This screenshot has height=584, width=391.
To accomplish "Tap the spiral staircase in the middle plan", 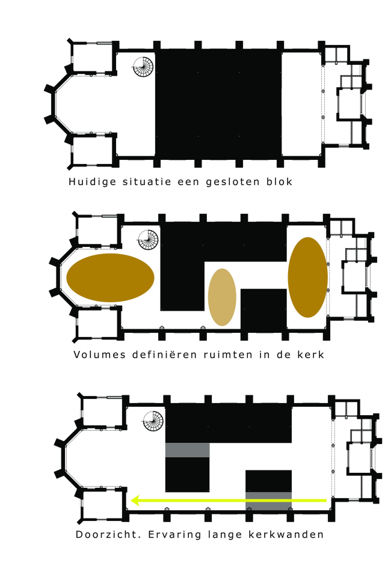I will (x=149, y=240).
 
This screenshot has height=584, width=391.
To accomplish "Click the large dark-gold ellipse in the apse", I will (x=111, y=278).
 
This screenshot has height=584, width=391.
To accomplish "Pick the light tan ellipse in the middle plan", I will (x=222, y=297).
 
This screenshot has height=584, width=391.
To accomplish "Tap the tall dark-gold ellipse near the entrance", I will (x=307, y=277).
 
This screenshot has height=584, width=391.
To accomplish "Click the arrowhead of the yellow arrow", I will (x=137, y=499).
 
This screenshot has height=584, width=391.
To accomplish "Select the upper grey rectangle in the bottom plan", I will (x=187, y=450).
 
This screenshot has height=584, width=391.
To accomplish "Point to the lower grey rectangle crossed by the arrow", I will (x=268, y=499).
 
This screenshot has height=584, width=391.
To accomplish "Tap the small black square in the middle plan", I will (x=263, y=309).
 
